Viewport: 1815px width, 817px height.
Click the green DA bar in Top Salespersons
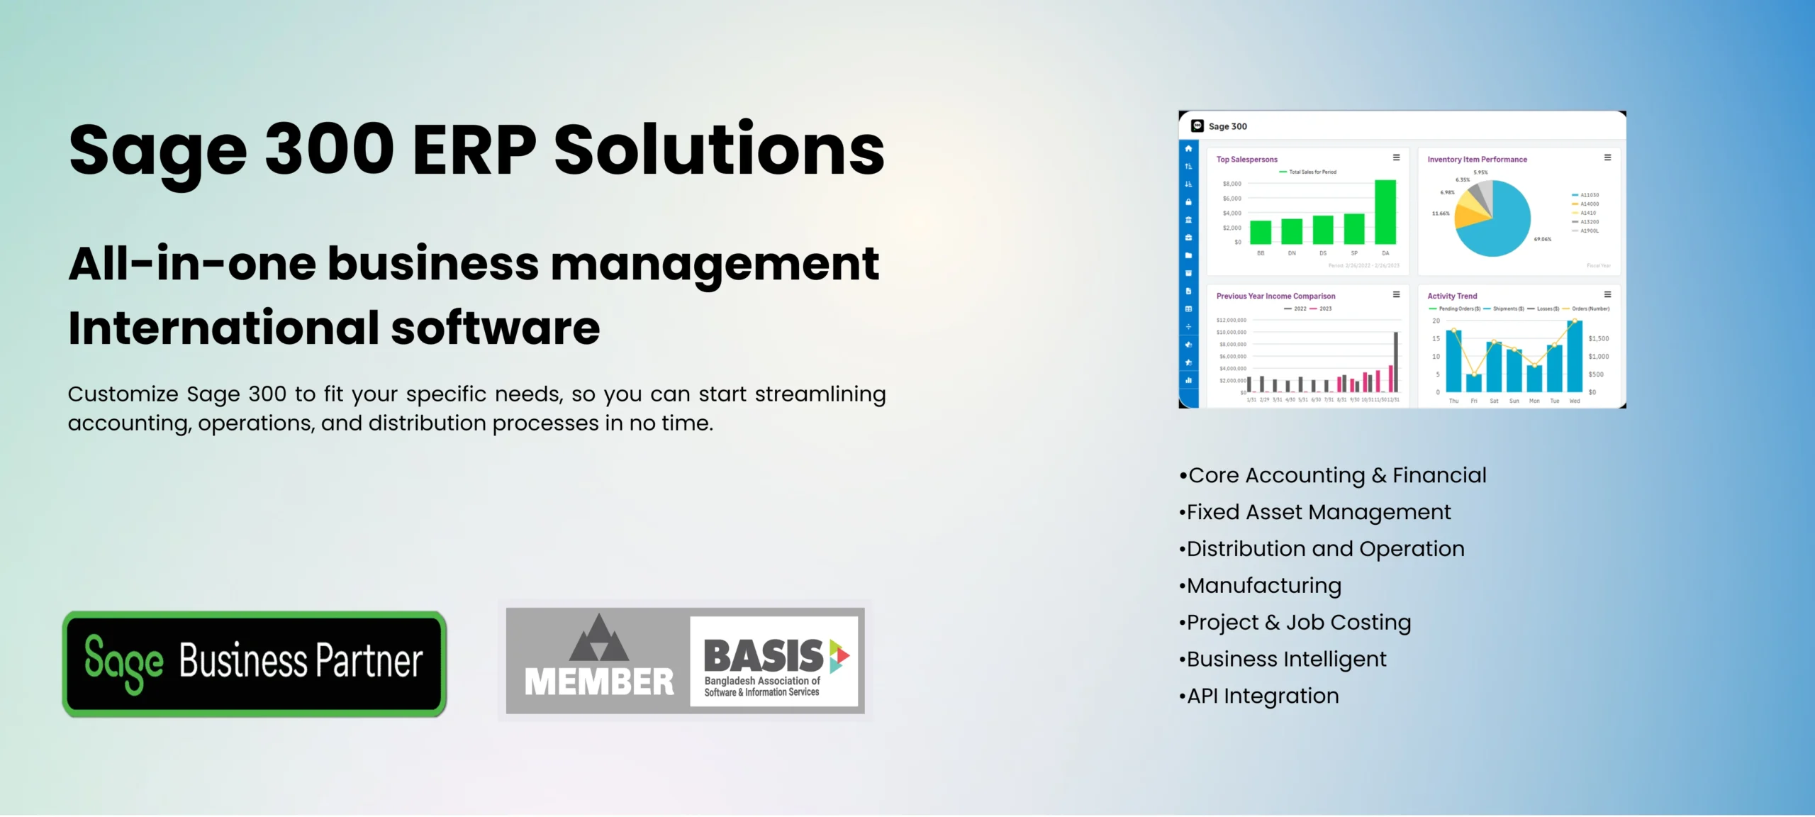pyautogui.click(x=1385, y=213)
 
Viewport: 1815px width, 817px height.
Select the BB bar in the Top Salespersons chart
pyautogui.click(x=1260, y=233)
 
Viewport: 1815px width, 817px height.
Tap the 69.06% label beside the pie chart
pyautogui.click(x=1542, y=240)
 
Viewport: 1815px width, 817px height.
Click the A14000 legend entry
pyautogui.click(x=1588, y=204)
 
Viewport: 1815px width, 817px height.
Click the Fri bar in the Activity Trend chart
pyautogui.click(x=1473, y=383)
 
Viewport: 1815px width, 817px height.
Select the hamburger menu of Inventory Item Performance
pyautogui.click(x=1607, y=158)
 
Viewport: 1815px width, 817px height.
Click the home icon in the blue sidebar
pyautogui.click(x=1188, y=149)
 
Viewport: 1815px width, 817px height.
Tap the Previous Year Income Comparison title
pyautogui.click(x=1275, y=296)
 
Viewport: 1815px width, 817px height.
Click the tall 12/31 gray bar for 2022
pyautogui.click(x=1396, y=362)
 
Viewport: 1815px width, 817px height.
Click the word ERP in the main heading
pyautogui.click(x=474, y=150)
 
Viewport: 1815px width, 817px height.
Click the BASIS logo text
pyautogui.click(x=763, y=655)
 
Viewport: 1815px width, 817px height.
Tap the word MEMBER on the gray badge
pyautogui.click(x=598, y=682)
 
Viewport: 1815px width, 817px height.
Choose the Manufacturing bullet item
pyautogui.click(x=1263, y=586)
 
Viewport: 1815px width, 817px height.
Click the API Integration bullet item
pyautogui.click(x=1262, y=696)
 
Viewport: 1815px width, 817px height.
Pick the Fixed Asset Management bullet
pyautogui.click(x=1318, y=512)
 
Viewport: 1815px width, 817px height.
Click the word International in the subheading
pyautogui.click(x=224, y=328)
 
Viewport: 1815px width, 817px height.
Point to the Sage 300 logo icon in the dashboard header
pyautogui.click(x=1197, y=126)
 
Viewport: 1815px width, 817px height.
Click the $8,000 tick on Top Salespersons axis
pyautogui.click(x=1232, y=184)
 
